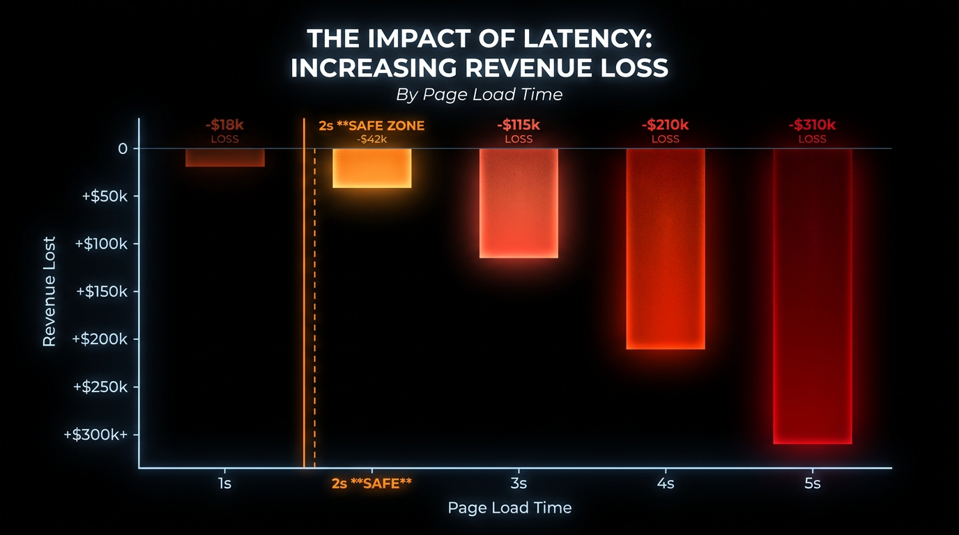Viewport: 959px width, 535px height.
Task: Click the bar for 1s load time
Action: pos(224,157)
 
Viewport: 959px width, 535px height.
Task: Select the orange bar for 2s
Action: pos(371,168)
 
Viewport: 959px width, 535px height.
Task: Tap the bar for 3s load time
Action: pos(519,203)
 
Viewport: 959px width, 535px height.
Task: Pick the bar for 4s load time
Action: pos(666,249)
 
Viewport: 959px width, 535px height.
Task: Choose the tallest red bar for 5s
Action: pos(812,296)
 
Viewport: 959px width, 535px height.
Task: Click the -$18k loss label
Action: pos(224,125)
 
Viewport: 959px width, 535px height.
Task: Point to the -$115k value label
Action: pos(519,125)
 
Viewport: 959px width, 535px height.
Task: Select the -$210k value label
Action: pos(666,125)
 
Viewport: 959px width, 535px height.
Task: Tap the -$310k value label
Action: pos(812,125)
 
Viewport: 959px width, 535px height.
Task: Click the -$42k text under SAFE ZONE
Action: pos(371,139)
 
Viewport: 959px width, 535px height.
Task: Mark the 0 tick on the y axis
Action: pos(123,148)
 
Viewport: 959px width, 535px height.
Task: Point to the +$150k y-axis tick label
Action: pos(105,291)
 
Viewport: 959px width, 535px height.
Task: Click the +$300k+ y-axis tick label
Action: pos(96,435)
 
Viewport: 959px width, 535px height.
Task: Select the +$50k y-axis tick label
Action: pos(105,196)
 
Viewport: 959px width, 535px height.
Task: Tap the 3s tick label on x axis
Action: pos(519,483)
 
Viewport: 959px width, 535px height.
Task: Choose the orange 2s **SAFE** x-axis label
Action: pos(371,483)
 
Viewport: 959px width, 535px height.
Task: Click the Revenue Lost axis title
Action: pos(49,291)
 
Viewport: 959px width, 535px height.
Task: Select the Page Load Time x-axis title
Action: pos(509,508)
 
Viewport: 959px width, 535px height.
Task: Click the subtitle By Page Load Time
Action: pos(479,94)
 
